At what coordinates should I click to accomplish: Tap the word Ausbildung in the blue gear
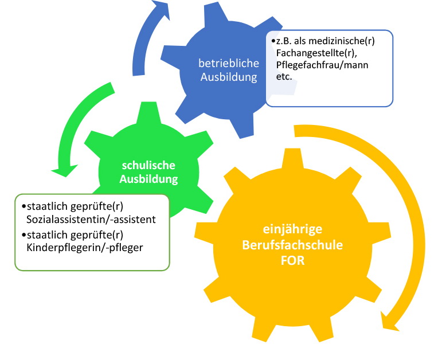click(229, 77)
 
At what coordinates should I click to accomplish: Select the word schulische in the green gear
click(148, 166)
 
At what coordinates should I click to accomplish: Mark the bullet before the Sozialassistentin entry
click(22, 206)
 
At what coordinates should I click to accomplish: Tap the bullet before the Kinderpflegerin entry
click(22, 234)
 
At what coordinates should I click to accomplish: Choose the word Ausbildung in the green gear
click(148, 179)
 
